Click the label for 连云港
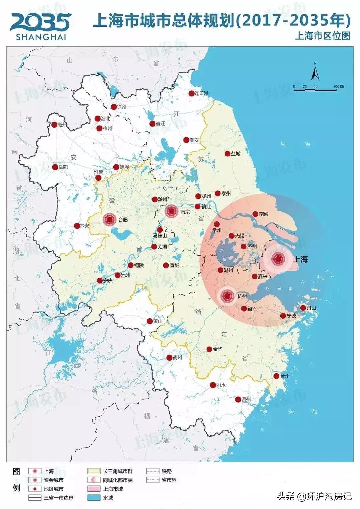click(x=201, y=94)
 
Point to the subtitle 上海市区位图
click(x=322, y=36)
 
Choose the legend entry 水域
click(x=108, y=498)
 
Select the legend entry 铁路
click(x=167, y=471)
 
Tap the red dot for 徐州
click(x=114, y=107)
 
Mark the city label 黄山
click(x=158, y=321)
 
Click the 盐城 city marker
click(x=227, y=154)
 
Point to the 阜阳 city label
click(x=63, y=167)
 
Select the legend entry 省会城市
click(x=53, y=480)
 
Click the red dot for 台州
click(x=276, y=376)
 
